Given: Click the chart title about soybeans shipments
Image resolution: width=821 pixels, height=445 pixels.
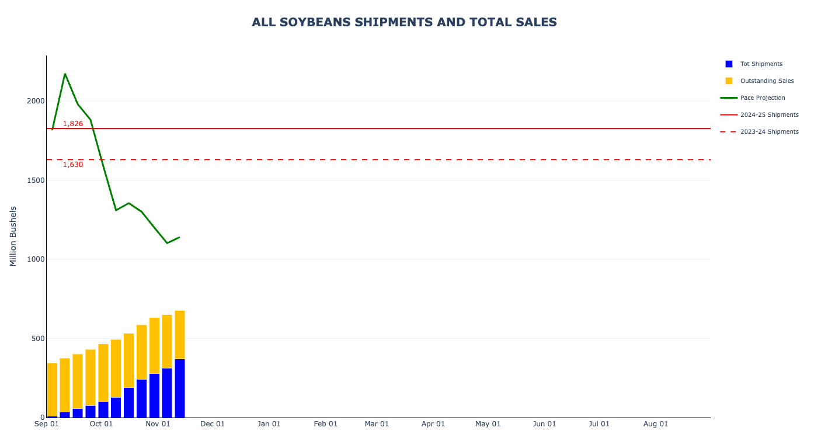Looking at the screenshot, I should tap(404, 22).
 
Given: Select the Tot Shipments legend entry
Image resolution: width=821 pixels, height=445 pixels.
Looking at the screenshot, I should tap(761, 64).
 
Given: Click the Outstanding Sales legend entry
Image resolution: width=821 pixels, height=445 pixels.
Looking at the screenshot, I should tap(767, 81).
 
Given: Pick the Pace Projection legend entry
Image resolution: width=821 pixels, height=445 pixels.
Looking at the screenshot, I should tap(762, 98).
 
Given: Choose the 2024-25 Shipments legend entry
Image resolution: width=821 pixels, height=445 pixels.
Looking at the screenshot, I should tap(769, 115).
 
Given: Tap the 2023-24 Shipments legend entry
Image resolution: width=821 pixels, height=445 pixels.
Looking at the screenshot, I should tap(769, 132).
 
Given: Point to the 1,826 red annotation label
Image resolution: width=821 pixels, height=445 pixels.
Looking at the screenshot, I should tap(73, 124).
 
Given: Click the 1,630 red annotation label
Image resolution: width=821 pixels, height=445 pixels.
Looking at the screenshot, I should tap(73, 165).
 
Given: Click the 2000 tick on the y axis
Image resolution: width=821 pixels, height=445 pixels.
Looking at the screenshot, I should tap(36, 101).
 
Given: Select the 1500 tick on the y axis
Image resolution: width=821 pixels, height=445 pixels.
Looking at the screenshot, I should tap(36, 180).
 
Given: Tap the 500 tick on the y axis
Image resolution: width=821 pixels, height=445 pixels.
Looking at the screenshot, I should tap(38, 339).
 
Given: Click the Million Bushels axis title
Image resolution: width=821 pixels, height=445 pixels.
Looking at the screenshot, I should tap(13, 236).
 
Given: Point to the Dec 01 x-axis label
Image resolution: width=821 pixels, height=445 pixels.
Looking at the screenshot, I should tap(213, 424).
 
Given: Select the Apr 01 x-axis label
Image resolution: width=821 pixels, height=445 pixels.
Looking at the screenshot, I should tap(433, 424).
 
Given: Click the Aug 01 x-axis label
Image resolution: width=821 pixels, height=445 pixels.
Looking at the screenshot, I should tap(656, 424).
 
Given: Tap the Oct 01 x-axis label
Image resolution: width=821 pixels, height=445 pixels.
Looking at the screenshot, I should tap(101, 424).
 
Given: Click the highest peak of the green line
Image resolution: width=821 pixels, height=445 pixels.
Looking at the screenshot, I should tap(65, 74).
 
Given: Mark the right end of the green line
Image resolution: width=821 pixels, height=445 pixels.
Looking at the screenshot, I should tap(179, 237).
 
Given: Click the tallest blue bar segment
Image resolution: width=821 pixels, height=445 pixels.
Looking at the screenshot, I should tap(180, 388).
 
